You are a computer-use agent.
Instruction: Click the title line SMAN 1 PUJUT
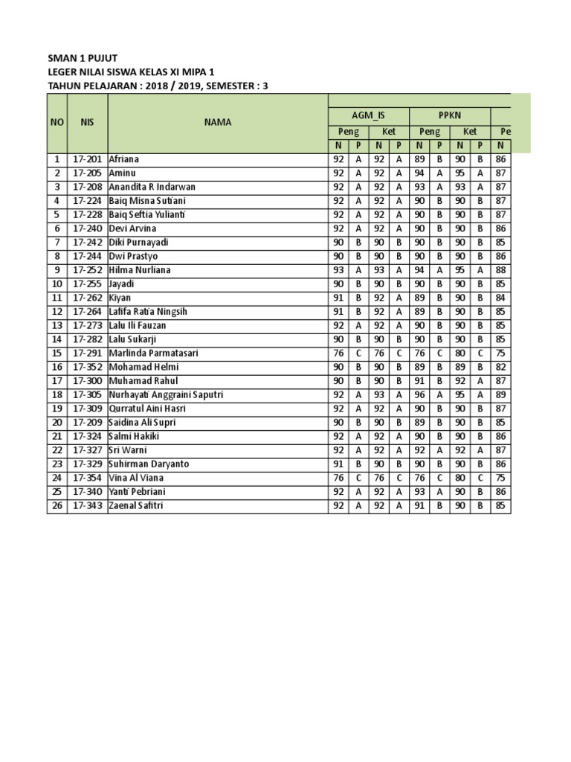pos(82,58)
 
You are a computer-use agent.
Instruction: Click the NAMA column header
pos(218,122)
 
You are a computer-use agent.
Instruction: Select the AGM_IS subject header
pos(369,116)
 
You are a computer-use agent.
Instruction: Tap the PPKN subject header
pos(449,116)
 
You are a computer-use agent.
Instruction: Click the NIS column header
pos(87,122)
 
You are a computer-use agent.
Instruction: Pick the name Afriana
pos(124,159)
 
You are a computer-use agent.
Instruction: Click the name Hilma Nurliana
pos(140,270)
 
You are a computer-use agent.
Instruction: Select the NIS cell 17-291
pos(87,353)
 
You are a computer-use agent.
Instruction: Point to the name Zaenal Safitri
pos(135,506)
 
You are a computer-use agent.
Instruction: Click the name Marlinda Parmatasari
pos(153,353)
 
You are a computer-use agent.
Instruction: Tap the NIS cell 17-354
pos(87,478)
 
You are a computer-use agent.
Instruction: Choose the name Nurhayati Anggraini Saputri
pos(166,395)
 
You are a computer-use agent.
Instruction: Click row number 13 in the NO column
pos(57,326)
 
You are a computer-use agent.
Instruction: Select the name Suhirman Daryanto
pos(149,464)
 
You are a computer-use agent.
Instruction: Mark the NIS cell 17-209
pos(87,423)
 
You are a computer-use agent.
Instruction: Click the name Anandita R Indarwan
pos(152,187)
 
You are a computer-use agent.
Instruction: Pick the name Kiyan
pos(120,298)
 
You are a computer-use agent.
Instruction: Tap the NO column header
pos(57,122)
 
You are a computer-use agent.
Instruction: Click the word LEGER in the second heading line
pos(62,72)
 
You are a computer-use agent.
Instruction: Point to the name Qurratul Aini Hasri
pos(147,409)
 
